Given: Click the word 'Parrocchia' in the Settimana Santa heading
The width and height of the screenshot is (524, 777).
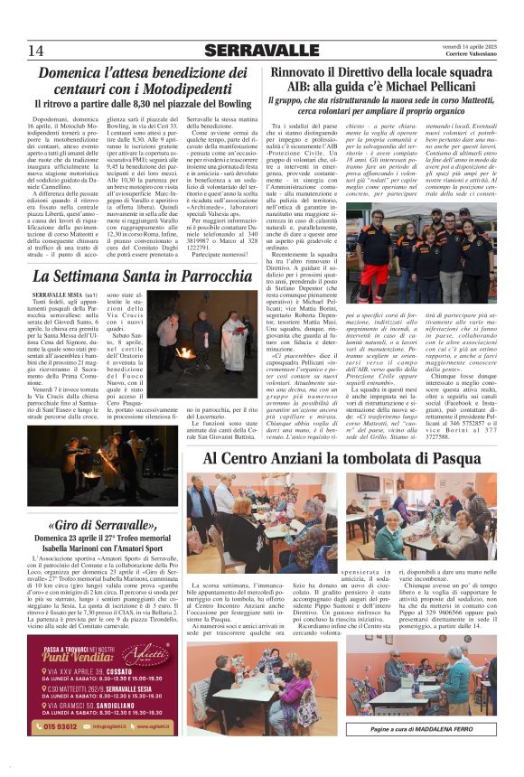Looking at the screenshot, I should [203, 275].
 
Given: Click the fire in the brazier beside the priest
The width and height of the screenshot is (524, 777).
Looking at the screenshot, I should [184, 352].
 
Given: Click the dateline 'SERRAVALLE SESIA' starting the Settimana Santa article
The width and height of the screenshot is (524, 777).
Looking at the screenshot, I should [59, 295].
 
